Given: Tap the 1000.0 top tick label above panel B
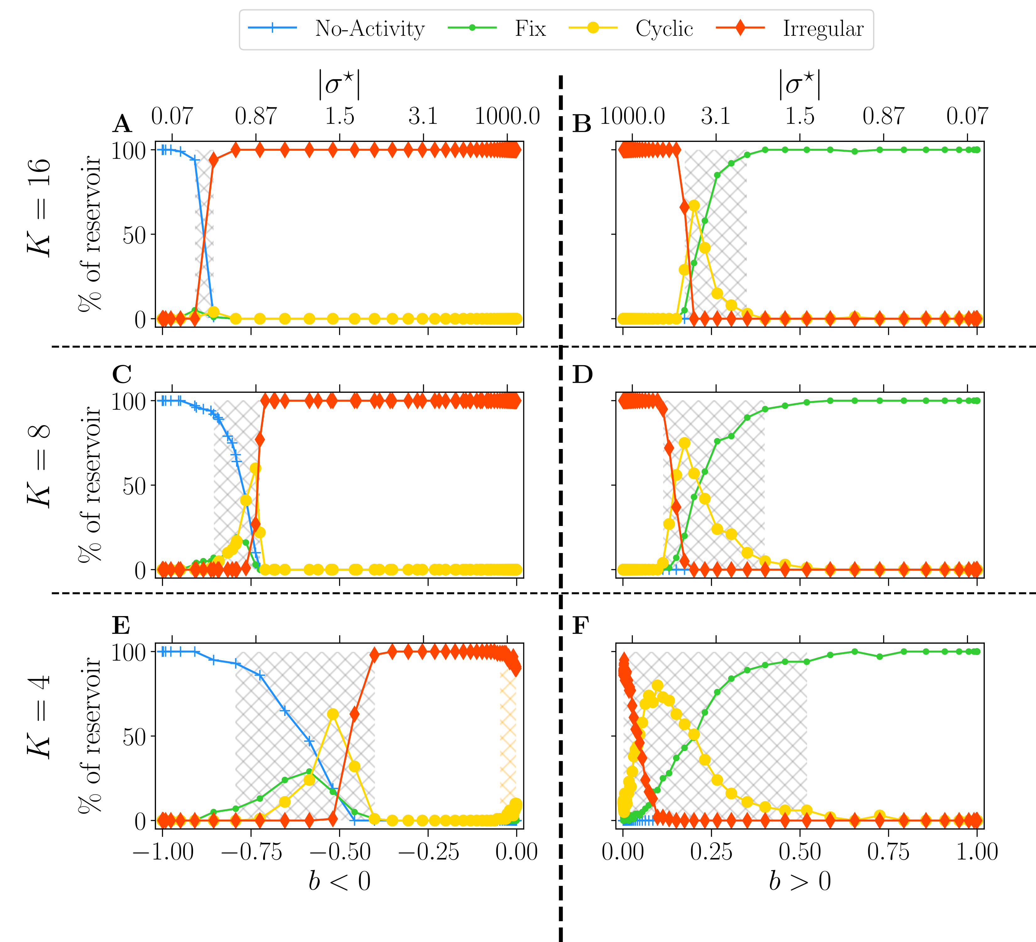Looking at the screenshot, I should (632, 116).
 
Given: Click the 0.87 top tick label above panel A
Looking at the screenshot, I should (256, 116).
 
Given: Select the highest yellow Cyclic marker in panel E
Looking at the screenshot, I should (332, 714).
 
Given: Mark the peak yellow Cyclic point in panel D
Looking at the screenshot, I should (684, 443).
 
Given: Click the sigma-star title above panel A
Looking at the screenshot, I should (339, 85).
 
